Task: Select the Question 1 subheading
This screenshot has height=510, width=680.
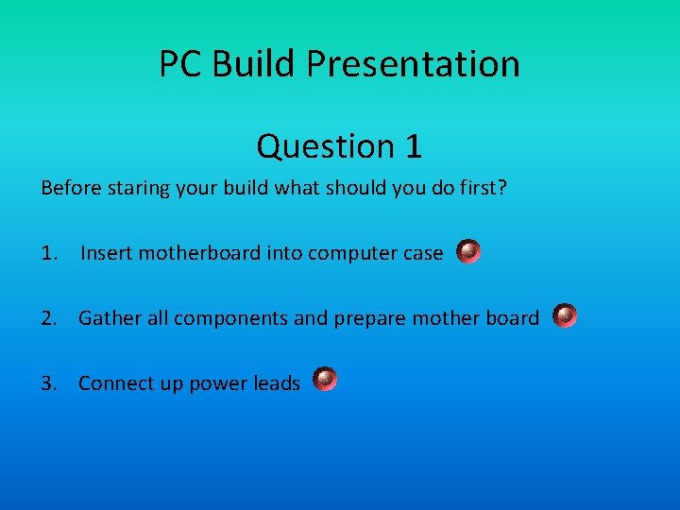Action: coord(339,146)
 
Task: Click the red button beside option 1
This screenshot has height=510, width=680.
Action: coord(468,251)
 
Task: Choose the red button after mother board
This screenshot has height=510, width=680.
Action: coord(565,315)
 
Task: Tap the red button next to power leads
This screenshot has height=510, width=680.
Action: coord(325,380)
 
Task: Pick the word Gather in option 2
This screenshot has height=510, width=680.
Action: coord(109,318)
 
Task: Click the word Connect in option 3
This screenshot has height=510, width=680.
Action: coord(114,383)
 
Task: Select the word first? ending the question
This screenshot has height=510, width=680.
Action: coord(483,188)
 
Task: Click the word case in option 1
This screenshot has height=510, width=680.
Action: coord(422,253)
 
